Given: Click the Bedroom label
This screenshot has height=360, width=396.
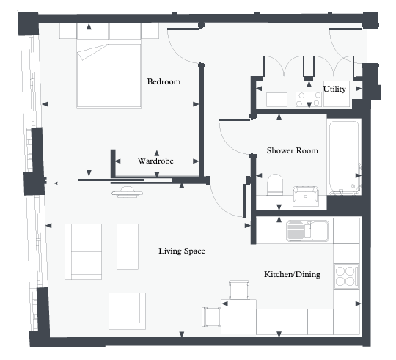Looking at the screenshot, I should pos(163,81).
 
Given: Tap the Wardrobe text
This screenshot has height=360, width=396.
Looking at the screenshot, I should pos(155,160).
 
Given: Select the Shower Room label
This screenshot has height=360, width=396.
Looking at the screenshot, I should pos(292,150).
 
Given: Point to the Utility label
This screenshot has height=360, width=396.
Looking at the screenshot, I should pos(334,89).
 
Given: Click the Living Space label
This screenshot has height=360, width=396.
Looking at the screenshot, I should pos(181,251).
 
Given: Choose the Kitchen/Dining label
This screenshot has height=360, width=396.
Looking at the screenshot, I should pos(291,275).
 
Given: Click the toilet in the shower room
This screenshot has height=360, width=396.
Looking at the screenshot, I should pos(275,183).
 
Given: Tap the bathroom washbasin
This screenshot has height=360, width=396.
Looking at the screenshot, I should pos(305,196).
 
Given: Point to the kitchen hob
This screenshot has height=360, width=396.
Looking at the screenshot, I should pos(345,276).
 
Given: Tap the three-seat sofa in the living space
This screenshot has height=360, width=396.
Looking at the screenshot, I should pos(84,251).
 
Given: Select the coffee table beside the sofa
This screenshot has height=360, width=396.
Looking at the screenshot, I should pos(127,246).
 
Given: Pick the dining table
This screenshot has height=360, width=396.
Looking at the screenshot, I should pos(241,317).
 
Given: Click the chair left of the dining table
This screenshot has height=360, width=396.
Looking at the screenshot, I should pos(211,317).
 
